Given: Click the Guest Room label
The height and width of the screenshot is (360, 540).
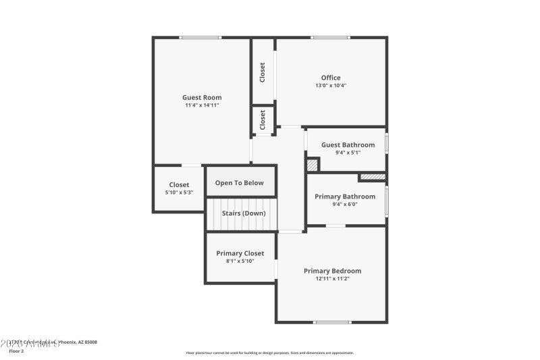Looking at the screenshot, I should click(202, 97).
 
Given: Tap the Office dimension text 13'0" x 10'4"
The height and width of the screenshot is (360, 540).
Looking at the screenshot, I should click(331, 86).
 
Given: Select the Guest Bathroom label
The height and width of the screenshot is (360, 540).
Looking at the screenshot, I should click(348, 145).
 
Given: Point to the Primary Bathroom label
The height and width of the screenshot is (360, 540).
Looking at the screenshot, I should click(345, 196).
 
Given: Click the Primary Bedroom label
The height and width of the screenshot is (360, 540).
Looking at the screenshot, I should click(332, 270).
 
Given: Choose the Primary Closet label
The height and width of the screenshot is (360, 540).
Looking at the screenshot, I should click(240, 253).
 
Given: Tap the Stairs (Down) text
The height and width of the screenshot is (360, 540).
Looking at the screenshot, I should click(244, 213).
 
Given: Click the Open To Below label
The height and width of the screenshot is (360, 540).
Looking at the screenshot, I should click(239, 182).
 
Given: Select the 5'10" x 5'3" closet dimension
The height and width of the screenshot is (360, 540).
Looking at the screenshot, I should click(179, 192).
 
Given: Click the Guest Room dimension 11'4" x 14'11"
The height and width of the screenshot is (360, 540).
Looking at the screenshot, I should click(202, 105).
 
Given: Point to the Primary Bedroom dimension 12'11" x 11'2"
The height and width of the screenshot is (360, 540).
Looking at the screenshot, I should click(332, 278).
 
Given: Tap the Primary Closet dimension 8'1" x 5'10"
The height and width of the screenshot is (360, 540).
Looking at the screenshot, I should click(240, 261).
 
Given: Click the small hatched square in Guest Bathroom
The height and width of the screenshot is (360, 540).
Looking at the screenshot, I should click(312, 164).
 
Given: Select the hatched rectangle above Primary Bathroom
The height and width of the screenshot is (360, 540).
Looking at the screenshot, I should click(372, 177).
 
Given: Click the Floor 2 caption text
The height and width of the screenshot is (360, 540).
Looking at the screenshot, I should click(16, 351).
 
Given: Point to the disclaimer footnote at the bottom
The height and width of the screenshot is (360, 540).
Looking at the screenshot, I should click(269, 353).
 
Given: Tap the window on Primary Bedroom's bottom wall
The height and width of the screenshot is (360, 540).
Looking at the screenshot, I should click(332, 322).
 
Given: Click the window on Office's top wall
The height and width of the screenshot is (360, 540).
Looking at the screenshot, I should click(330, 37).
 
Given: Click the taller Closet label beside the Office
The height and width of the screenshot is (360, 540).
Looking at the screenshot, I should click(263, 72).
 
